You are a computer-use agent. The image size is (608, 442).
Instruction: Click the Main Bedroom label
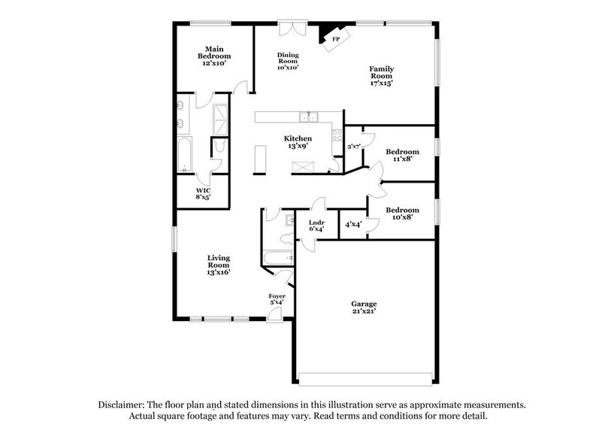coord(214,56)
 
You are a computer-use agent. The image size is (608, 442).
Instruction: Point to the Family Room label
coord(381,77)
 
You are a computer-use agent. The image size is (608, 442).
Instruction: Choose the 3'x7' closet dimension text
coord(354,146)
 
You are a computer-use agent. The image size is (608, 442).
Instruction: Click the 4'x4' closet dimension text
coord(353,224)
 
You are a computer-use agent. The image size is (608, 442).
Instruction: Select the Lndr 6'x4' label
coord(316,226)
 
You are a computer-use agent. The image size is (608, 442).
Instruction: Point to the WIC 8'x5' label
coord(204,194)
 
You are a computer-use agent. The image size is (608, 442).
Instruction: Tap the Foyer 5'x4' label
coord(277,301)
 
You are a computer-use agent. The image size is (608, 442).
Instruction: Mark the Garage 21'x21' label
coord(364,307)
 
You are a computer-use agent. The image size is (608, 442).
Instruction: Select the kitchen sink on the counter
coord(308,117)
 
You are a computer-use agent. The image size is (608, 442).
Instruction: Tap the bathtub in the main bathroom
coord(185,156)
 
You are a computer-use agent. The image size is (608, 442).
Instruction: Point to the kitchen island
coord(262,159)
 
